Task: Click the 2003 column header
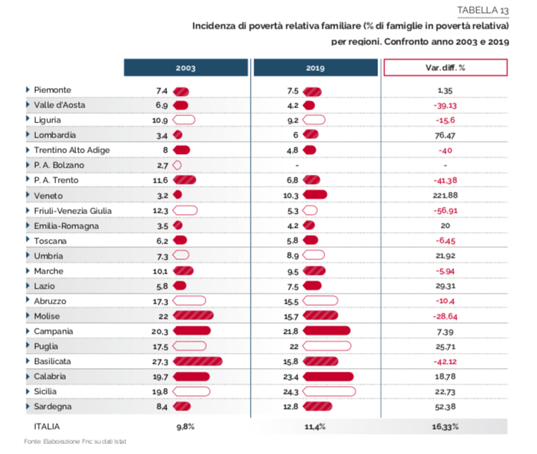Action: coord(185,67)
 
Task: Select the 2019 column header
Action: coord(316,67)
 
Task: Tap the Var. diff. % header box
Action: coord(445,67)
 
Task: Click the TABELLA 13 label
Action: coord(483,11)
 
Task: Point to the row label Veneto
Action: coord(48,195)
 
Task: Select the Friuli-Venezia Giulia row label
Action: coord(72,211)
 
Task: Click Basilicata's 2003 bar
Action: coord(198,361)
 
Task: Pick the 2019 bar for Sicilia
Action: coord(329,391)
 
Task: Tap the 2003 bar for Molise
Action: coord(193,316)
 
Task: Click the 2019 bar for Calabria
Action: coord(328,377)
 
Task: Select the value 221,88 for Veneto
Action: coord(445,195)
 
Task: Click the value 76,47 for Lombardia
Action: coord(445,135)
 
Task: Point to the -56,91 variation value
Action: coord(445,211)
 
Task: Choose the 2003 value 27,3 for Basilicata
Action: coord(160,362)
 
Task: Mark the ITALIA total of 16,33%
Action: coord(445,427)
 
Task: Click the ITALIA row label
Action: coord(47,427)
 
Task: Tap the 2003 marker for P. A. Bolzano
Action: coord(177,165)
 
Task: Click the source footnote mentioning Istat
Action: coord(75,441)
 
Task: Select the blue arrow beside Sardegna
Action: coord(28,406)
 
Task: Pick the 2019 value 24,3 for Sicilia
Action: coord(291,392)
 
